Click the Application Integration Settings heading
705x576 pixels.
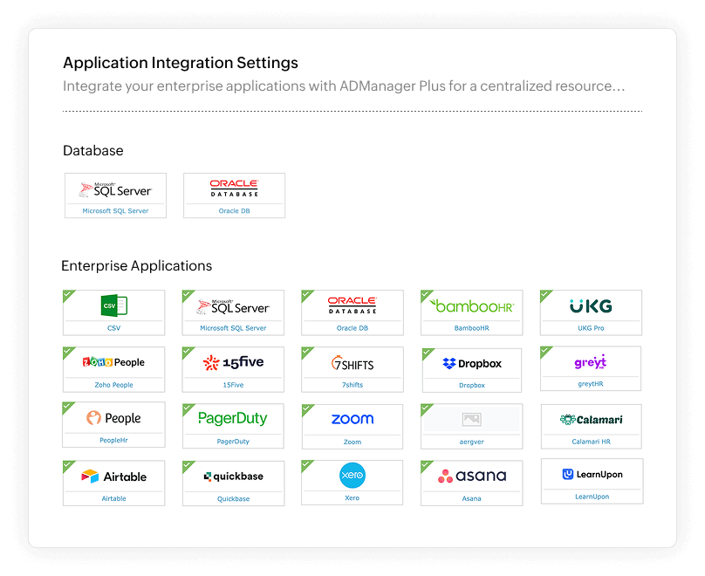[x=181, y=63]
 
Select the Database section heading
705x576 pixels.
[x=93, y=151]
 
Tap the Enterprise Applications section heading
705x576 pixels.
[x=136, y=265]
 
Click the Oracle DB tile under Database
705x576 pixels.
[x=234, y=195]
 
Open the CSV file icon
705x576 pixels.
[x=114, y=305]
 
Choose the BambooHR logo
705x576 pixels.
[x=472, y=306]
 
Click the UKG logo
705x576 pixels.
[x=591, y=306]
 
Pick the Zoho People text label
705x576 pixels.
[x=114, y=385]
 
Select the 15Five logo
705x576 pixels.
[x=233, y=362]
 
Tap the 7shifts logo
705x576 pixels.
[x=352, y=362]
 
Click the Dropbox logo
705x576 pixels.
[x=472, y=363]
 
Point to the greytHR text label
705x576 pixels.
[x=590, y=383]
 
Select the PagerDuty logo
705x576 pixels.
[x=233, y=419]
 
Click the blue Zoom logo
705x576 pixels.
[x=352, y=419]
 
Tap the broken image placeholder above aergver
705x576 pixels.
[x=472, y=420]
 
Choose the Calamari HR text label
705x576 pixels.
[x=592, y=442]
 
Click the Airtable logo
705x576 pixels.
[x=114, y=477]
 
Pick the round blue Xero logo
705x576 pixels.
[x=352, y=476]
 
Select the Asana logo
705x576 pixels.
[x=472, y=477]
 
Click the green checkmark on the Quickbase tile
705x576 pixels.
[x=188, y=467]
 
